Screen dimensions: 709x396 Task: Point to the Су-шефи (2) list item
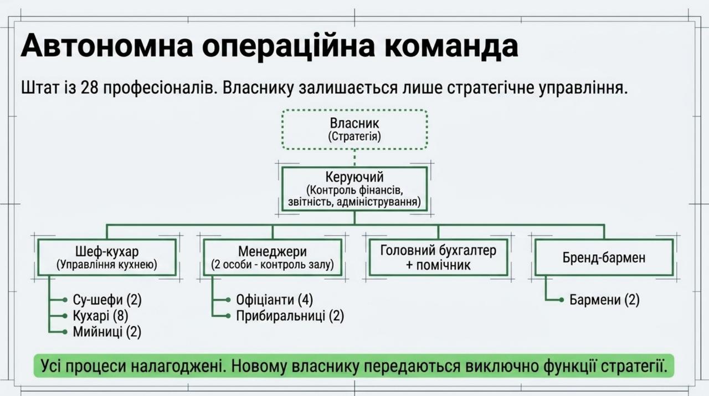coord(107,300)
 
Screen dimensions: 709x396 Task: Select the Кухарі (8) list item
coord(100,316)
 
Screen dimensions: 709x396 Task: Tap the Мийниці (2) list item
coord(107,332)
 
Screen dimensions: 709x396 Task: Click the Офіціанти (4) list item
coord(274,300)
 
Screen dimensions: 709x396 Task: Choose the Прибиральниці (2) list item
coord(290,316)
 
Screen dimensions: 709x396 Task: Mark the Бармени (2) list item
coord(604,300)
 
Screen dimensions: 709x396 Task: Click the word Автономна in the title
coord(107,46)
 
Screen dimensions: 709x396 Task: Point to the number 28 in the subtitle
coord(89,88)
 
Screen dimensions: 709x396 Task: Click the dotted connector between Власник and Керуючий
coord(354,158)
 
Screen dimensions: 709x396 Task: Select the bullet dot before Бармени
coord(562,300)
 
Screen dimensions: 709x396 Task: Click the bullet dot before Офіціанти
coord(228,300)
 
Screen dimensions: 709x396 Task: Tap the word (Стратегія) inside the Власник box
coord(354,137)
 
